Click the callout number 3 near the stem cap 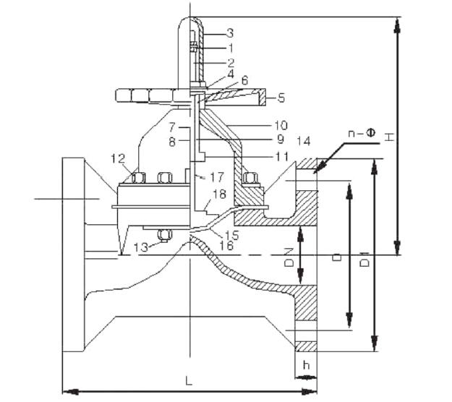pyautogui.click(x=210, y=33)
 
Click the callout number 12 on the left pyautogui.click(x=118, y=158)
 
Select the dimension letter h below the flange pyautogui.click(x=307, y=365)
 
